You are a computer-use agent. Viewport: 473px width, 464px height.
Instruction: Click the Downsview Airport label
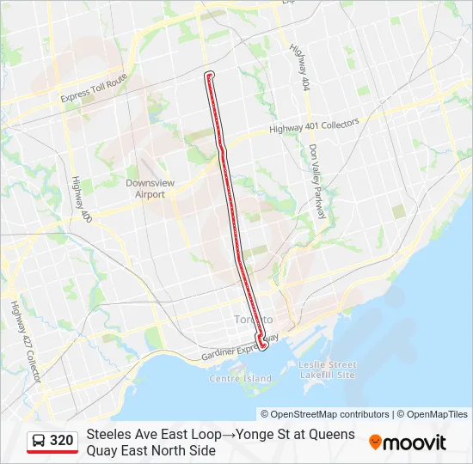coord(144,189)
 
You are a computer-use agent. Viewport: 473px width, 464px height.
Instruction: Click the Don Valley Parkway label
coord(316,180)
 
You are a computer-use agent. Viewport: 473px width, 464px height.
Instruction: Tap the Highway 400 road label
coord(82,197)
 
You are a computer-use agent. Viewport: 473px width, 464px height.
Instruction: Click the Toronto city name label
coord(250,320)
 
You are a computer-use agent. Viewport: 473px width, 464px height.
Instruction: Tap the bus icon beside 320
coord(39,441)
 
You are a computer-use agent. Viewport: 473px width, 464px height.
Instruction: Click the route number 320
coord(62,441)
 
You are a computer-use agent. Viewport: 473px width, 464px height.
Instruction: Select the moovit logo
coord(408,443)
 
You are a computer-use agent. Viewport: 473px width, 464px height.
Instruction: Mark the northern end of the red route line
coord(208,76)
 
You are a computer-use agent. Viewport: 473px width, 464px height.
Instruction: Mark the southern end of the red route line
coord(262,346)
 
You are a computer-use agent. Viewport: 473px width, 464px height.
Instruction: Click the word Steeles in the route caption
coord(109,434)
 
